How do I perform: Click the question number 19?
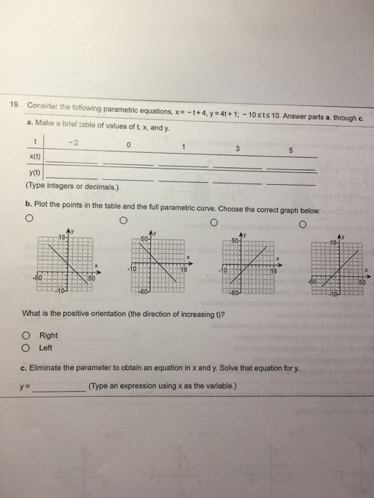(x=13, y=105)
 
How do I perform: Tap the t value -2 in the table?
(x=70, y=142)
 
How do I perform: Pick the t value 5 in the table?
(x=289, y=150)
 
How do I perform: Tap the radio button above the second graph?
(x=123, y=221)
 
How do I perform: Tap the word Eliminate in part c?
(x=48, y=368)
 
